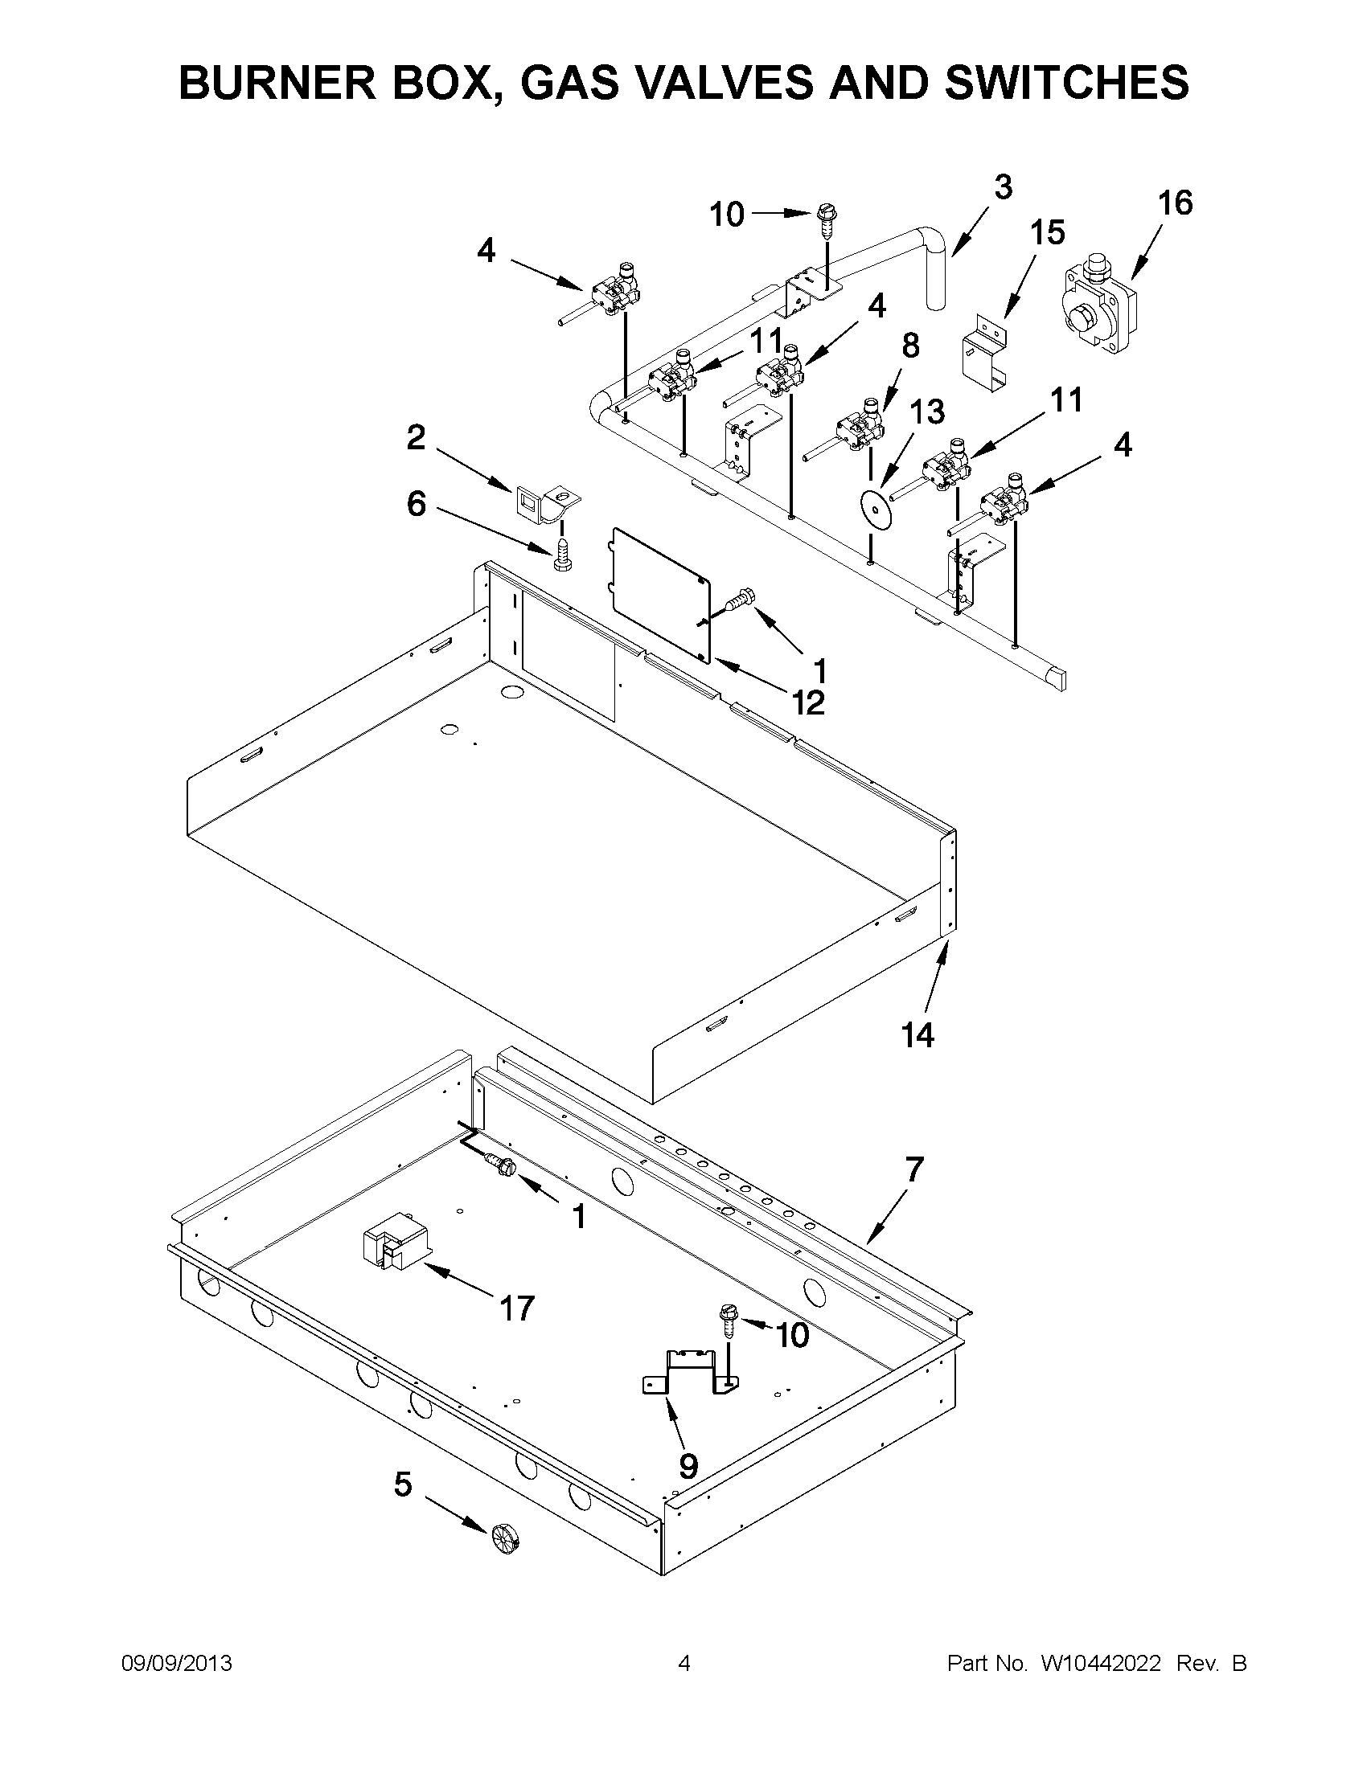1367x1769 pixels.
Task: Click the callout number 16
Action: click(x=1175, y=203)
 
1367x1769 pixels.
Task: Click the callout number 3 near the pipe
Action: click(x=1003, y=187)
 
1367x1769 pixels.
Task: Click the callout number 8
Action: click(x=911, y=346)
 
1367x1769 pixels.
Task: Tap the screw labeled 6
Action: click(x=561, y=555)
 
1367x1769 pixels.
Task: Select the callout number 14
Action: click(x=918, y=1034)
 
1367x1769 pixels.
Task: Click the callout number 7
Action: click(x=913, y=1169)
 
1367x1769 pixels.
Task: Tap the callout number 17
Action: click(x=517, y=1308)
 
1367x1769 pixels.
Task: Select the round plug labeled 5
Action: click(x=503, y=1541)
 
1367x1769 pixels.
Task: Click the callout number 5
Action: click(x=403, y=1484)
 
